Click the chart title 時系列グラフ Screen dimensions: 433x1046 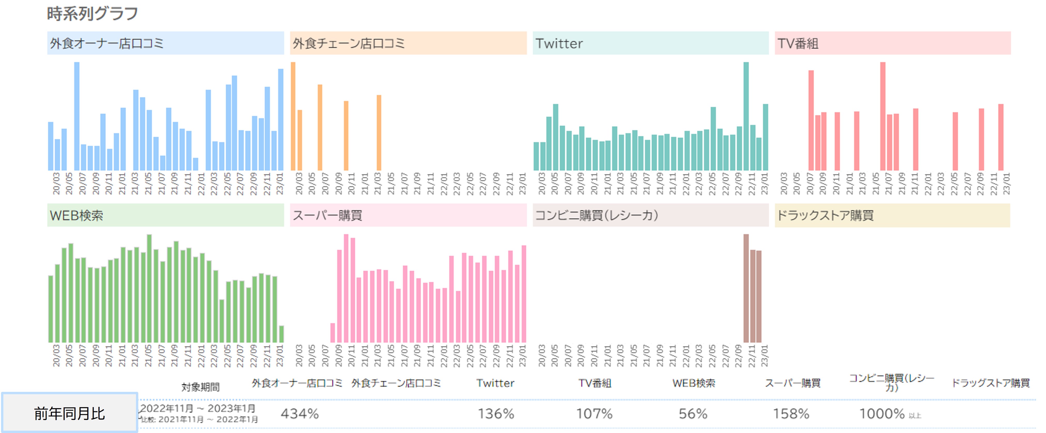[92, 14]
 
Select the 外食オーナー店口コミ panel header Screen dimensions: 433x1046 [165, 43]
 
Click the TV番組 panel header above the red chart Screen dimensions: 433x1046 [892, 43]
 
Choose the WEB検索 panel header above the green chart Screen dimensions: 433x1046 [165, 215]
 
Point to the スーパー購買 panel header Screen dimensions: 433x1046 [408, 215]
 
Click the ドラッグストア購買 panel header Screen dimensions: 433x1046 [892, 215]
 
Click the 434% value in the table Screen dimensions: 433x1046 [300, 414]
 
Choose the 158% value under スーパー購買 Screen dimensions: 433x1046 [791, 414]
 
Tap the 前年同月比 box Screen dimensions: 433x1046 [70, 413]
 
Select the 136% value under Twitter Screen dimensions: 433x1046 [496, 414]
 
